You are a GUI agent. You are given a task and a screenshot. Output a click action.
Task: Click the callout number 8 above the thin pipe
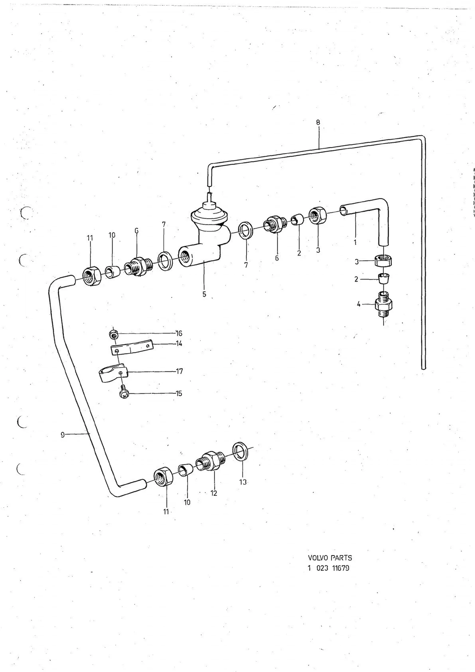(x=318, y=122)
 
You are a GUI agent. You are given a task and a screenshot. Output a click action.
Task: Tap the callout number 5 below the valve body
(x=204, y=294)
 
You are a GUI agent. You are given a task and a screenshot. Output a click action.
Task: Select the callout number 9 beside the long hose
(x=63, y=435)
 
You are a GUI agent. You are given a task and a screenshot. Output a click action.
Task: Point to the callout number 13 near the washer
(x=243, y=482)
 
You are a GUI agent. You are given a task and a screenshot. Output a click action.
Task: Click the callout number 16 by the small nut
(x=179, y=333)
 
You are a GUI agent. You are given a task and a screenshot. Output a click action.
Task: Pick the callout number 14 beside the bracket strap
(x=179, y=344)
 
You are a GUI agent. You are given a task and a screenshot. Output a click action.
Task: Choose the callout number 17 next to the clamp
(x=179, y=371)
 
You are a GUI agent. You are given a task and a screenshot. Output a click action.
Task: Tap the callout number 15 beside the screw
(x=179, y=394)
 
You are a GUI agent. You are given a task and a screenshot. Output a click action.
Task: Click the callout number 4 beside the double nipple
(x=359, y=304)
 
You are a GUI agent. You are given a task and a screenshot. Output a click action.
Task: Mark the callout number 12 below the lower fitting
(x=214, y=493)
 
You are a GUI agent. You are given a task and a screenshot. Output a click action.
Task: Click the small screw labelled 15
(x=124, y=391)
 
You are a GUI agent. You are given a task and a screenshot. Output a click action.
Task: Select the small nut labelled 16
(x=113, y=335)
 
